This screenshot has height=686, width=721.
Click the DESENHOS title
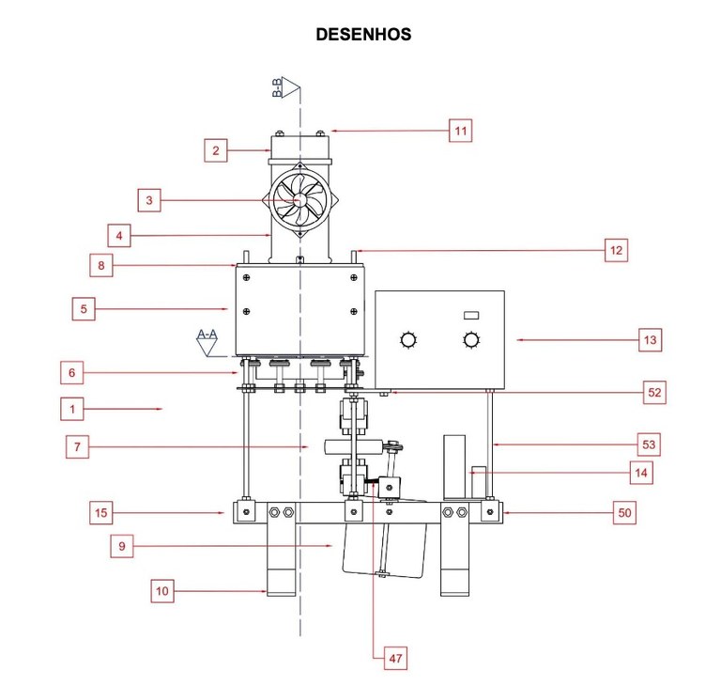click(x=363, y=35)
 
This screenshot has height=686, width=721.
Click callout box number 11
click(x=460, y=131)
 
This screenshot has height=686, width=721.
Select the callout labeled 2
click(x=216, y=149)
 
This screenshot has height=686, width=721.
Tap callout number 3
click(x=149, y=200)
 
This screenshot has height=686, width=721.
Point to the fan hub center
click(x=299, y=200)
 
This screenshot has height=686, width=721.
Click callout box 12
click(x=616, y=250)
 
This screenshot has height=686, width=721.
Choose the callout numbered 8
click(x=101, y=265)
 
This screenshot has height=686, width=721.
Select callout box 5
click(x=84, y=308)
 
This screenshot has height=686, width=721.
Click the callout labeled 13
click(x=650, y=339)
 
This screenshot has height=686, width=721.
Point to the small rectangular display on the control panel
click(x=471, y=314)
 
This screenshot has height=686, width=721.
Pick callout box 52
click(x=654, y=392)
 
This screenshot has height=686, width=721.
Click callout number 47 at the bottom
click(x=396, y=659)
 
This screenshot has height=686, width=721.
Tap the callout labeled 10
click(x=163, y=591)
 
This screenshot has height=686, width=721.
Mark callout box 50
click(x=623, y=512)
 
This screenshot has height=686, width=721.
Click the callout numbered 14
click(x=640, y=473)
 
